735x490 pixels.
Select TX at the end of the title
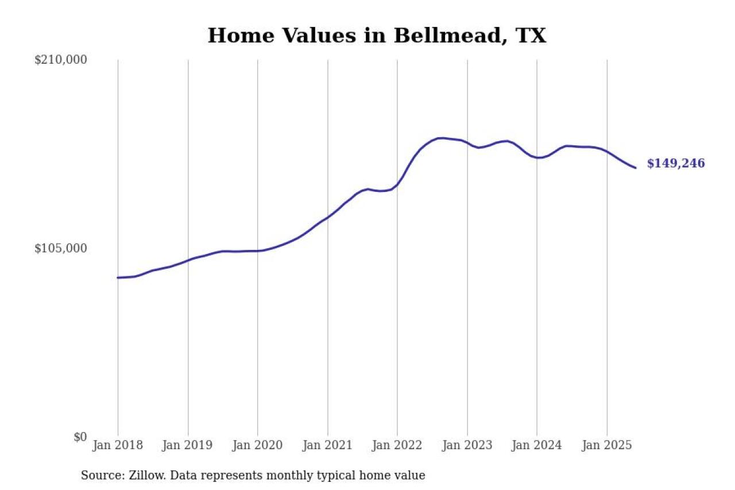point(531,36)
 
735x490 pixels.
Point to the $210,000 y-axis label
point(61,60)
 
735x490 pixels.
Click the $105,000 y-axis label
point(61,248)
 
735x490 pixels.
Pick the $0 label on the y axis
point(80,437)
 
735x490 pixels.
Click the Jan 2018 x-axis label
point(118,446)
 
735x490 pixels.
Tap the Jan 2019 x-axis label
point(188,446)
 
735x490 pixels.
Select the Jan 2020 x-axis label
point(257,446)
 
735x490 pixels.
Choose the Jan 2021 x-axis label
point(327,446)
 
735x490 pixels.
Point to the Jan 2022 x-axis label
point(397,446)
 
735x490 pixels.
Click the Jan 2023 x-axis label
point(467,446)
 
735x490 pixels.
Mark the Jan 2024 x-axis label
point(537,446)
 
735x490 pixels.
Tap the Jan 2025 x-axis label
point(607,446)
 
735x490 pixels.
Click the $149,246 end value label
point(676,164)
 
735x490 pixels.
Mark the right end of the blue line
point(635,168)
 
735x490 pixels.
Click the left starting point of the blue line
point(118,277)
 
